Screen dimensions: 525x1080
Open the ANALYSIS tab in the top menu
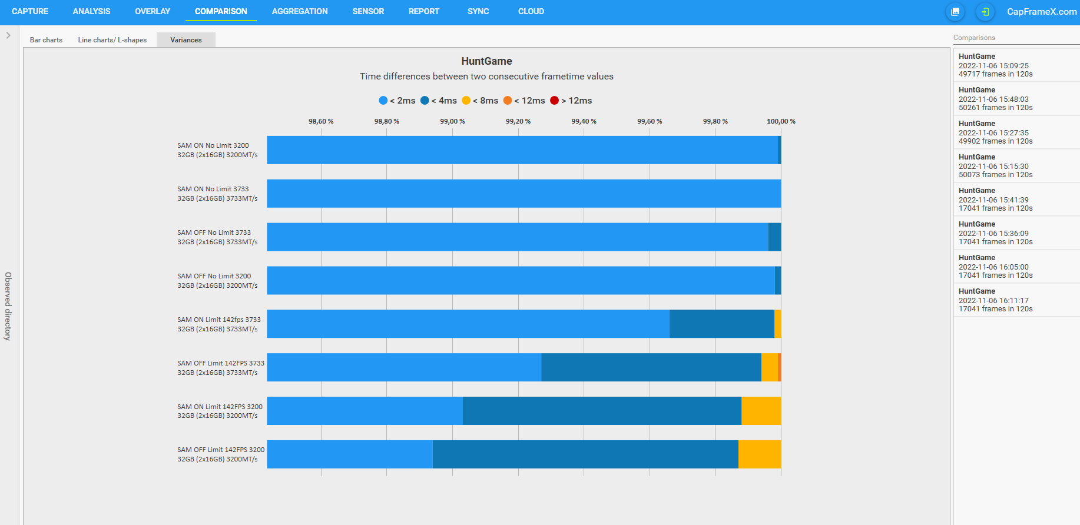91,11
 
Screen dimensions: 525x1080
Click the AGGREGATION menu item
300,11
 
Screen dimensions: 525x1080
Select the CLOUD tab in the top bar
531,11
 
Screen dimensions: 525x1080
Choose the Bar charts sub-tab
46,40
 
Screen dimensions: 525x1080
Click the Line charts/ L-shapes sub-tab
112,40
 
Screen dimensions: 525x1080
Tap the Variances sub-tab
185,40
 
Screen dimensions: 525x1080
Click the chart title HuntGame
486,61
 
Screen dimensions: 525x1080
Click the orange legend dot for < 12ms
508,101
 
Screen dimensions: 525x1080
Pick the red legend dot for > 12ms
554,101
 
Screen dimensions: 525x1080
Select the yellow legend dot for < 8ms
466,101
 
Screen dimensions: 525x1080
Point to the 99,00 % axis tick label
452,121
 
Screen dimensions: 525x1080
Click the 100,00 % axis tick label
781,121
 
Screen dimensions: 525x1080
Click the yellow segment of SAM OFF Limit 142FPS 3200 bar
759,454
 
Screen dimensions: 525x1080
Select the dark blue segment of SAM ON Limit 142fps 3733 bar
721,324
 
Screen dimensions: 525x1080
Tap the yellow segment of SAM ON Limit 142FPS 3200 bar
761,411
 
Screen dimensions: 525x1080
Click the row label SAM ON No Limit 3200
213,145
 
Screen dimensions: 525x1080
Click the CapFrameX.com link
1041,12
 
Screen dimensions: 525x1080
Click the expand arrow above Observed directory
8,35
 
